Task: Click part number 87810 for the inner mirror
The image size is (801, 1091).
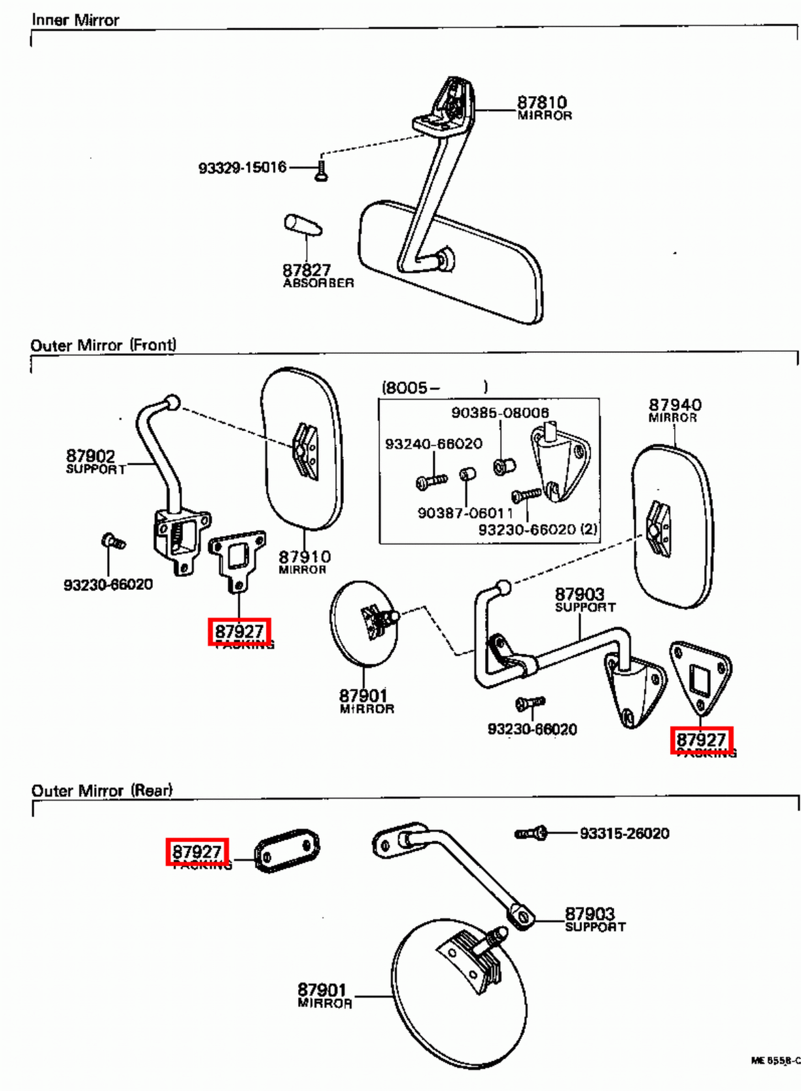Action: [542, 102]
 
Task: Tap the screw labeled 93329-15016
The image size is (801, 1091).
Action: [322, 168]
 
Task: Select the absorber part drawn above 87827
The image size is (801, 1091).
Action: [302, 225]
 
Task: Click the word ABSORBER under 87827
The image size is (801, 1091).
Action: [319, 283]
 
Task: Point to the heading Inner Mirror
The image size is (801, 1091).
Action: [75, 20]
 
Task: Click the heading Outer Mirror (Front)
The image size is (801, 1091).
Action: [103, 345]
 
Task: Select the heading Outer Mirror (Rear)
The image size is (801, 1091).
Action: [102, 790]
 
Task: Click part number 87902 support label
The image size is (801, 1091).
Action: [91, 455]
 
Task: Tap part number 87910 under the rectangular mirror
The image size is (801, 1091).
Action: [304, 557]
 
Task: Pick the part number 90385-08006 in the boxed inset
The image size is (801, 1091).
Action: [499, 413]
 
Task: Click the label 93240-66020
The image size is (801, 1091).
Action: [433, 444]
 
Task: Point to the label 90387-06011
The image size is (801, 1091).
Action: [465, 513]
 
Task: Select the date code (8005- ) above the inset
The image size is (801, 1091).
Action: [434, 387]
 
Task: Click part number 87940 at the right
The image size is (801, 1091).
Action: [675, 405]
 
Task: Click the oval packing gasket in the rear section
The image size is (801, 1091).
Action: [287, 850]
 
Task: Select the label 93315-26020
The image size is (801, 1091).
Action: [624, 833]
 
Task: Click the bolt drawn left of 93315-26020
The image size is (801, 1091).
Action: [531, 833]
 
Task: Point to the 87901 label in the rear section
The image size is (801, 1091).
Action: [321, 989]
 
